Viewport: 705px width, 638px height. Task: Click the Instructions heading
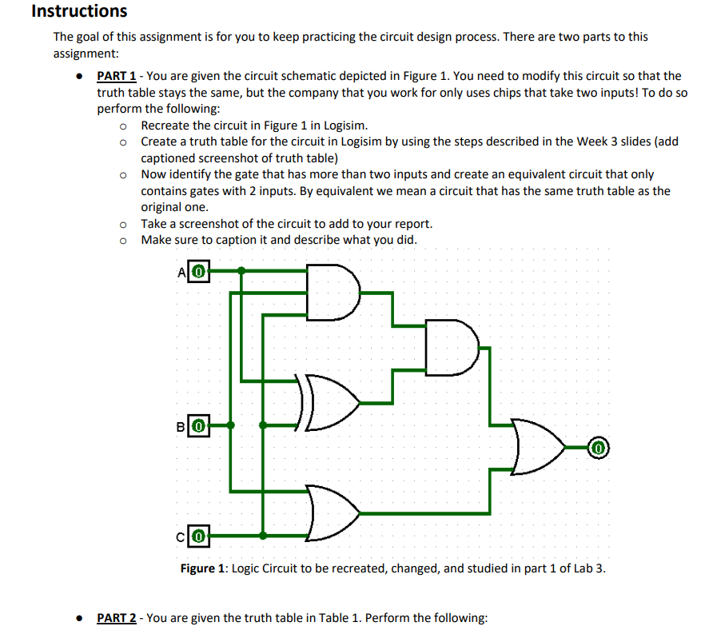[78, 11]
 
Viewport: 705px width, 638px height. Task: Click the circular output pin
[599, 447]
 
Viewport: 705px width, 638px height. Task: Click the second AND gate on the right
[450, 348]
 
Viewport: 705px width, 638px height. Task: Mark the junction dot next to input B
[231, 425]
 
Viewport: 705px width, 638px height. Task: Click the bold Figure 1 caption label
[203, 568]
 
